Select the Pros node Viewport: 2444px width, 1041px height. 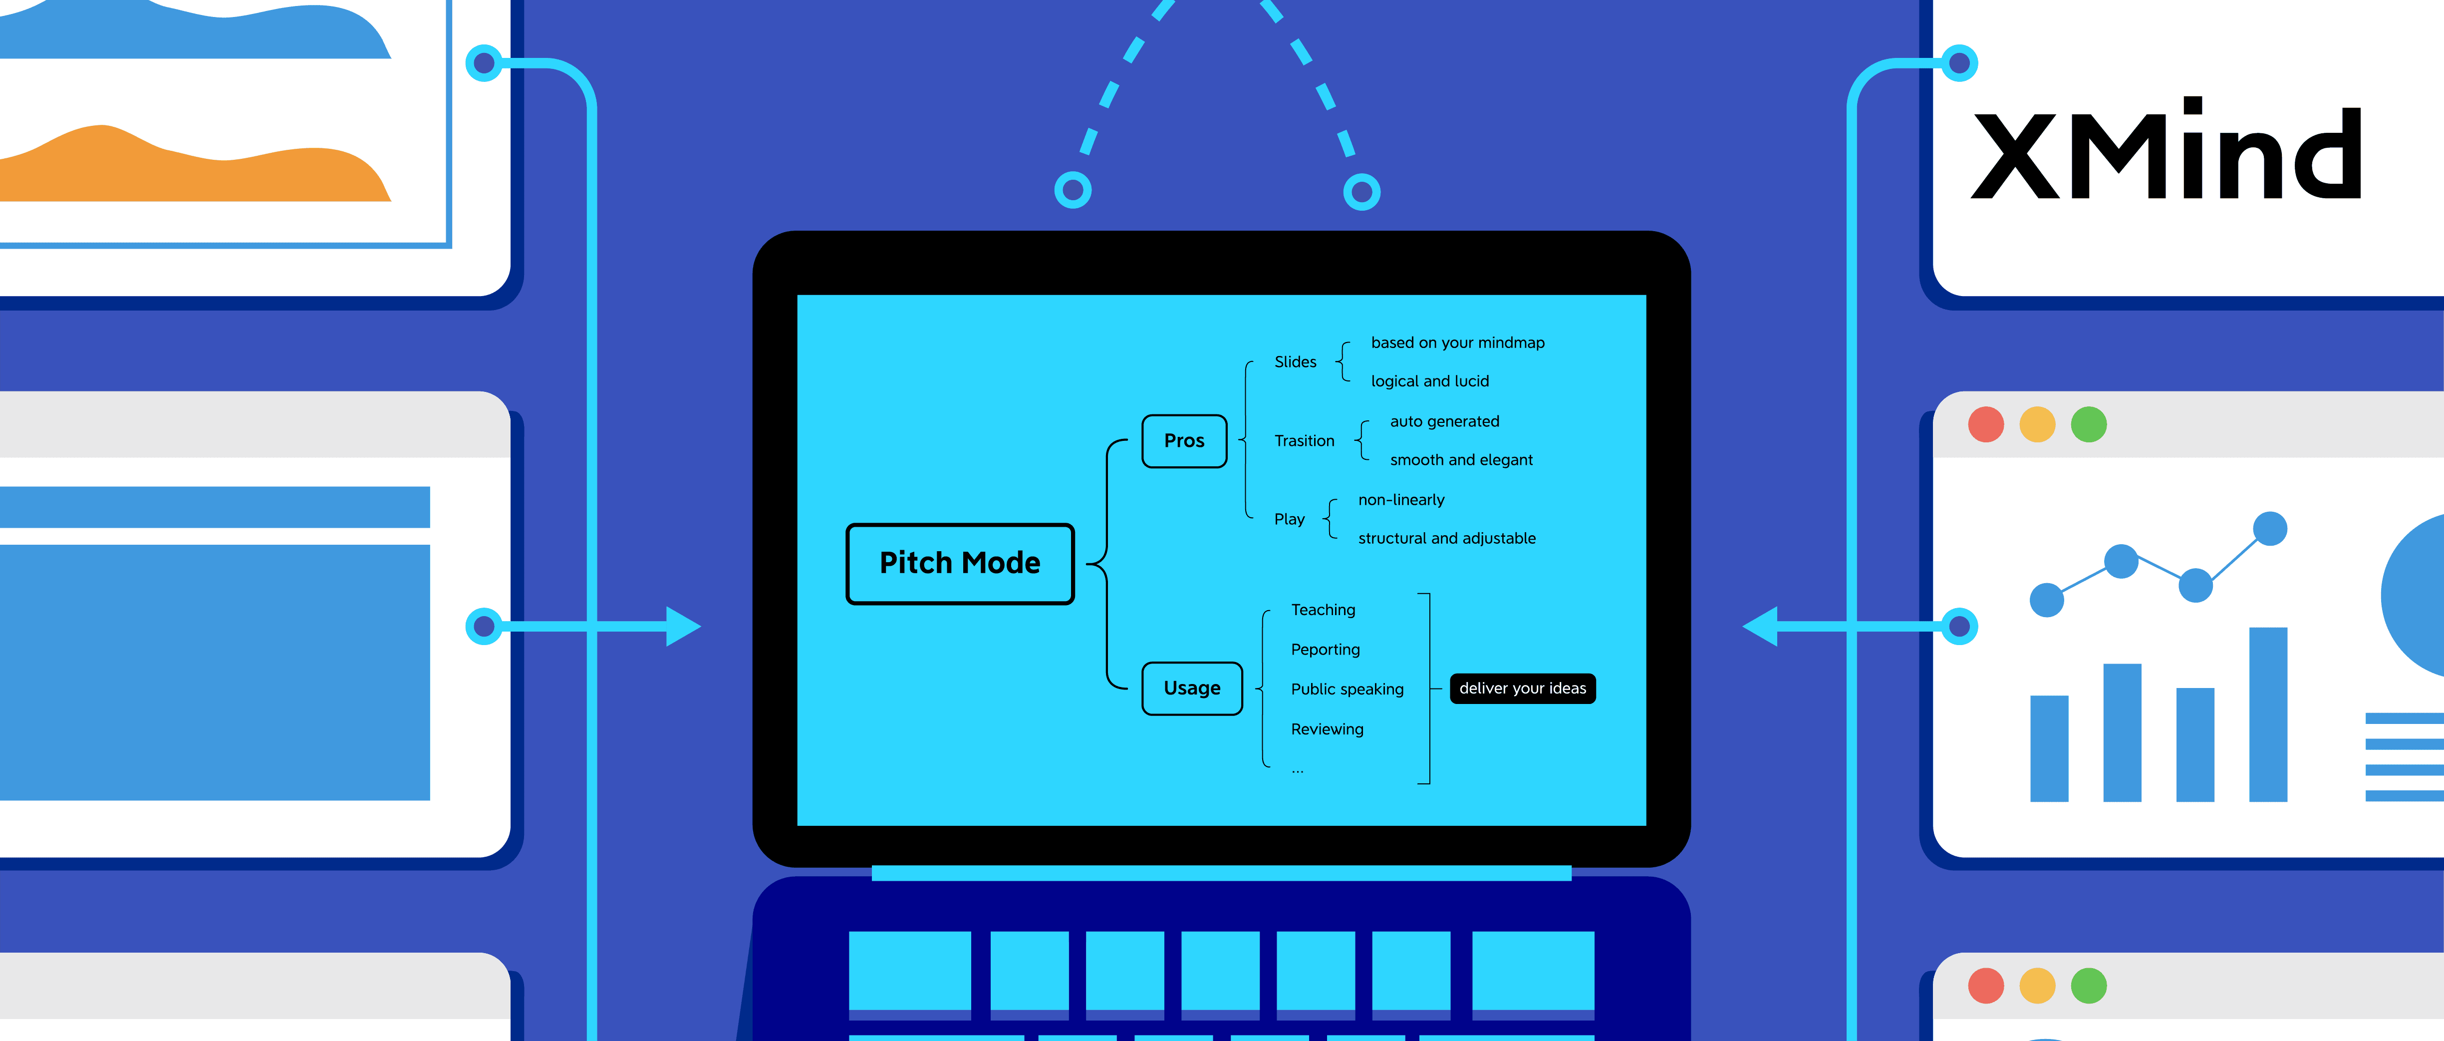click(x=1184, y=440)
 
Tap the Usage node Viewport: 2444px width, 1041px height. click(x=1192, y=688)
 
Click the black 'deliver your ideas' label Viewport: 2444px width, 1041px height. click(x=1522, y=688)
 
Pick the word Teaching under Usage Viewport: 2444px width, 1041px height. click(x=1323, y=609)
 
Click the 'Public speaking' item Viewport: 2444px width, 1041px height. click(x=1347, y=689)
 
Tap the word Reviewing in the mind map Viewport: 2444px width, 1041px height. click(x=1327, y=729)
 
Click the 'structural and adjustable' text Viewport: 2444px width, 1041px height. click(x=1446, y=538)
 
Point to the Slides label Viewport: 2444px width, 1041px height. click(x=1295, y=361)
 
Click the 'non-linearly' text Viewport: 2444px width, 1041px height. click(x=1400, y=500)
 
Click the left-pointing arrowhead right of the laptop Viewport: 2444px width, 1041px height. click(x=1760, y=626)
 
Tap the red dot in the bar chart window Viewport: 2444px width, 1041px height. click(x=1986, y=424)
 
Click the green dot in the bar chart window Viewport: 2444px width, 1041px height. click(x=2088, y=424)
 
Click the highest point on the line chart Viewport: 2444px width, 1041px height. click(x=2269, y=529)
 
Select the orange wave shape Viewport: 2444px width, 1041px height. click(x=190, y=171)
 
